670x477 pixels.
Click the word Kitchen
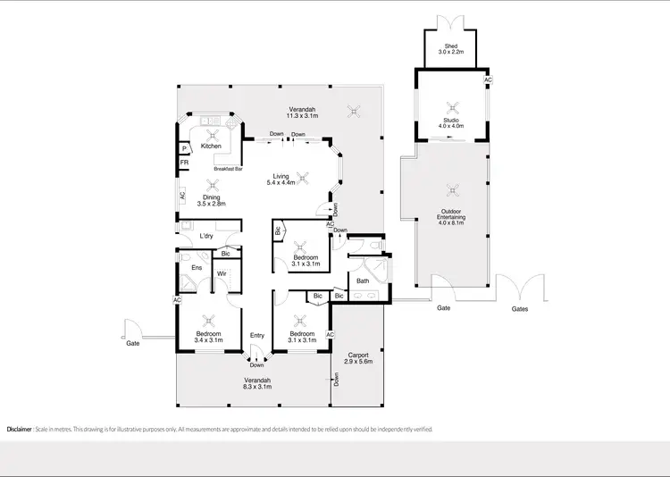(x=211, y=146)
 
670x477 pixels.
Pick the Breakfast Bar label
(x=227, y=168)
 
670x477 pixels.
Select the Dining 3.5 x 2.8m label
(x=211, y=201)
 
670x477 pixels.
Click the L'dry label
(x=206, y=237)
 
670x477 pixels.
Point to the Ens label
(x=197, y=266)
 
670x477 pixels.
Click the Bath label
(x=363, y=281)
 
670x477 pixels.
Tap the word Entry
(x=257, y=335)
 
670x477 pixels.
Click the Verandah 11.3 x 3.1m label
(x=302, y=113)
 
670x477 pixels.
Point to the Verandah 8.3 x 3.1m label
(x=257, y=382)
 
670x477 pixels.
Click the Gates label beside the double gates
(x=520, y=309)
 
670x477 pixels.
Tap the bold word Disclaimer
(x=19, y=430)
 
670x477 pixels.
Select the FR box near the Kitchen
(x=184, y=163)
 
